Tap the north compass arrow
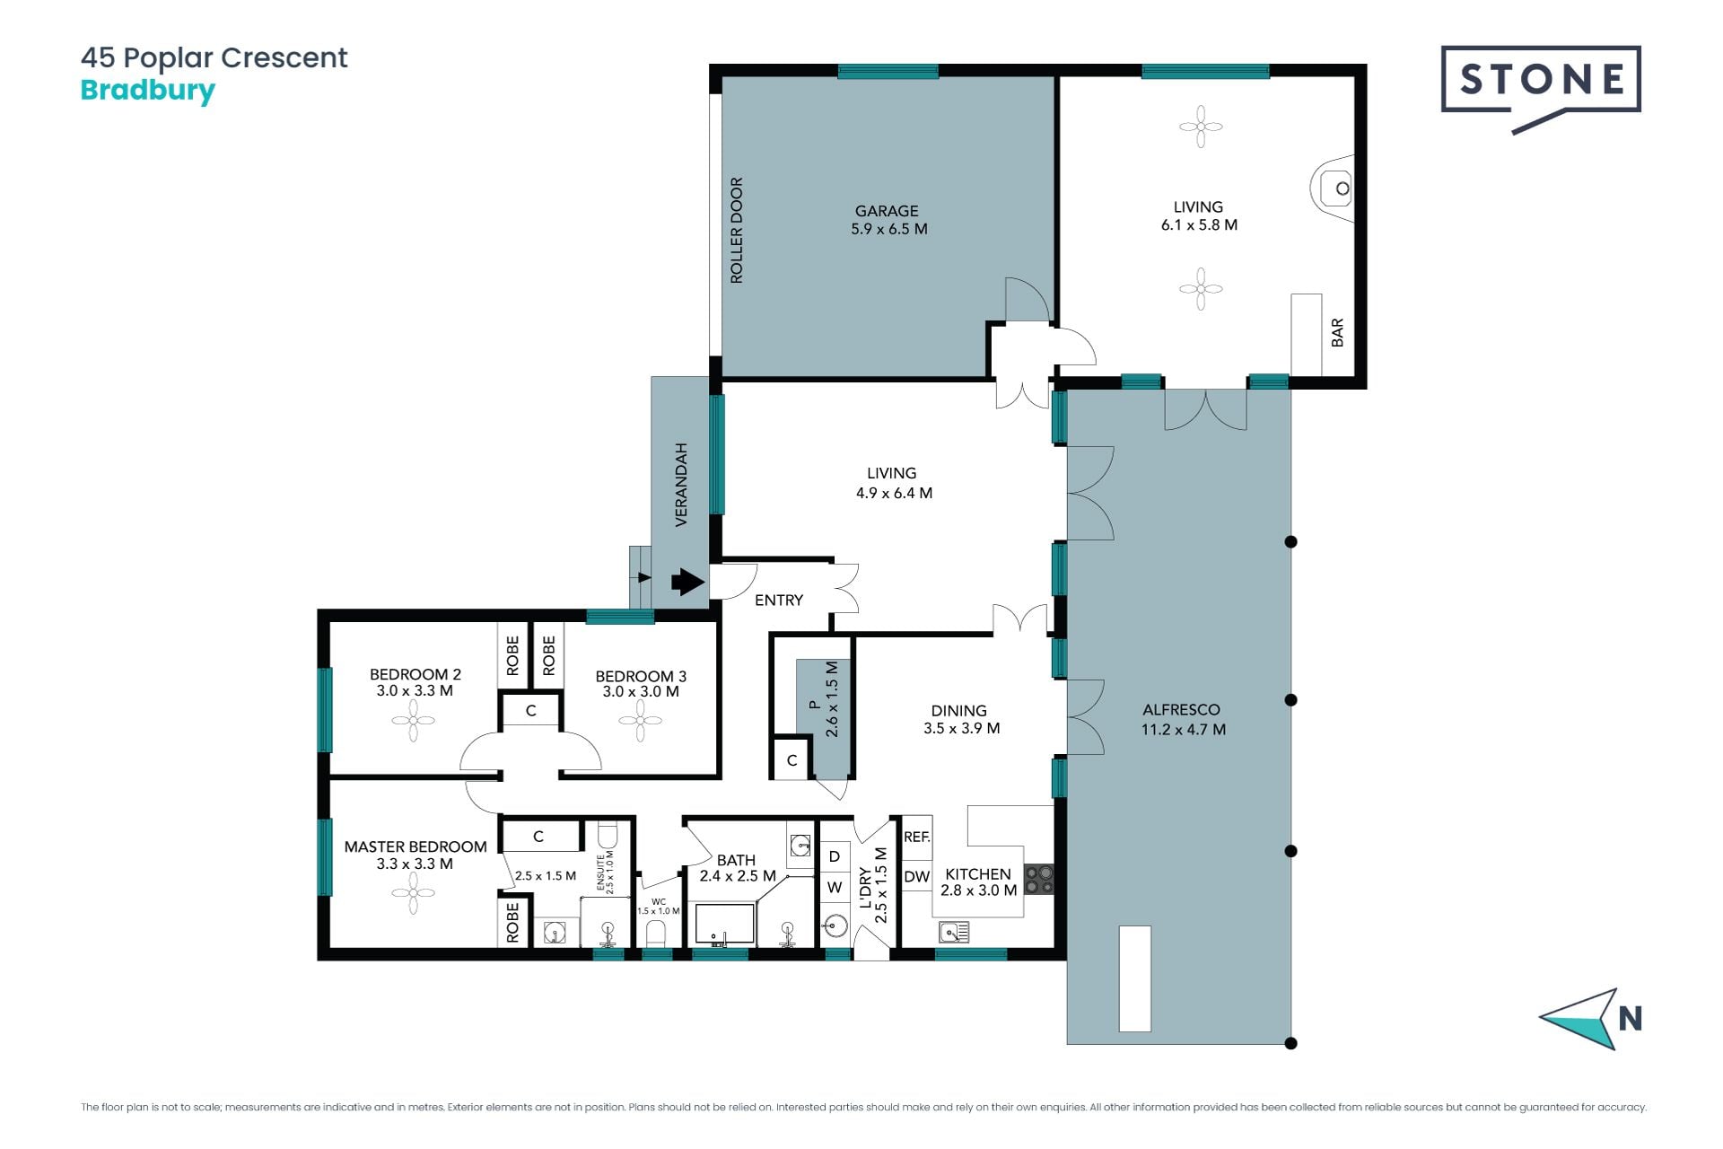1579,1019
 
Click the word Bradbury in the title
148,92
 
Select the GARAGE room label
888,220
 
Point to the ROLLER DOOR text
737,231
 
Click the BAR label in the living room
1337,332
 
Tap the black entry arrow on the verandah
687,582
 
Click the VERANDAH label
681,485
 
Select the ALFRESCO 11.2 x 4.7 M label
1182,720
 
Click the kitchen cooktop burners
1039,880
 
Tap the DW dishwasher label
916,877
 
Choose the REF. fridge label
917,837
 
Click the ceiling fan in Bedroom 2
414,720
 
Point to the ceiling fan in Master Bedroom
414,893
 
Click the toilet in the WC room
657,932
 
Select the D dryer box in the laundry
835,856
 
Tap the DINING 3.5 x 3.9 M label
961,719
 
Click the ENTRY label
779,601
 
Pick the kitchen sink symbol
954,933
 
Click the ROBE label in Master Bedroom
512,923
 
